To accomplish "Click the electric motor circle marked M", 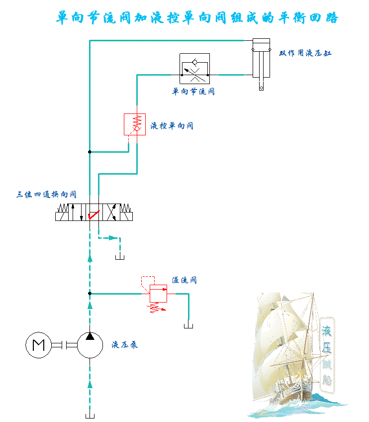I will (38, 345).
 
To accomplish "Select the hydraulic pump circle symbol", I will (90, 344).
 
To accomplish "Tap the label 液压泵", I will (125, 344).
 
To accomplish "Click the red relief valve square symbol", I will (159, 294).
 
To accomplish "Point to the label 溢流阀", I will (184, 280).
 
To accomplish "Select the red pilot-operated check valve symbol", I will (134, 124).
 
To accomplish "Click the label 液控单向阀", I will (172, 126).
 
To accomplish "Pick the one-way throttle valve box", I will (194, 69).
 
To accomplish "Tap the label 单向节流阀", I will (193, 92).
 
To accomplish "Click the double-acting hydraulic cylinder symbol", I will (261, 60).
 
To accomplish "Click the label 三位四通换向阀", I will (46, 195).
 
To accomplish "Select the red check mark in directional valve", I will (92, 215).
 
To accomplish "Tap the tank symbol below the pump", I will (90, 415).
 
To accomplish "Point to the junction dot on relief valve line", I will (90, 294).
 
